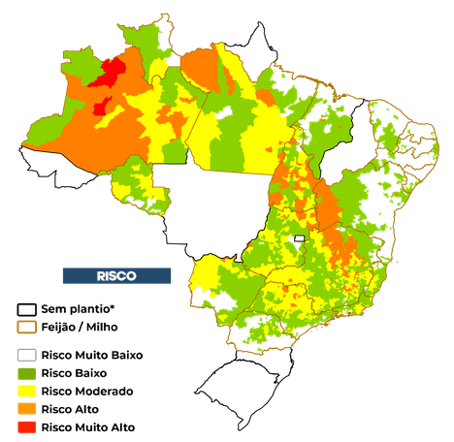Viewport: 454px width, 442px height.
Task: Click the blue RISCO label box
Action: (x=116, y=276)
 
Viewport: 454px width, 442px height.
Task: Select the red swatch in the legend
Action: (x=26, y=426)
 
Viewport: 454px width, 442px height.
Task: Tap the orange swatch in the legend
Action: (x=26, y=408)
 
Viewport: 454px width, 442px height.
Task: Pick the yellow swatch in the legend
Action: (x=26, y=391)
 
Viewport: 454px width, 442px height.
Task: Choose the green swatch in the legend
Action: (x=26, y=373)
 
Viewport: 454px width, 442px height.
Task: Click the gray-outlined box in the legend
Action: (x=26, y=354)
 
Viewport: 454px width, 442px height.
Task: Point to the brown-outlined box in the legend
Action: (x=26, y=328)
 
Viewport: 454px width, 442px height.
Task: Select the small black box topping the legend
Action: (x=26, y=309)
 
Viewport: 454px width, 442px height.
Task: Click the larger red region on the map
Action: (x=113, y=73)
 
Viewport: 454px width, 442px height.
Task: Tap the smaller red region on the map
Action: (x=100, y=105)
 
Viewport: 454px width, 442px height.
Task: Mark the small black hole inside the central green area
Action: (x=300, y=237)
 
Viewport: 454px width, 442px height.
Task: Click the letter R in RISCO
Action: (x=101, y=276)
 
